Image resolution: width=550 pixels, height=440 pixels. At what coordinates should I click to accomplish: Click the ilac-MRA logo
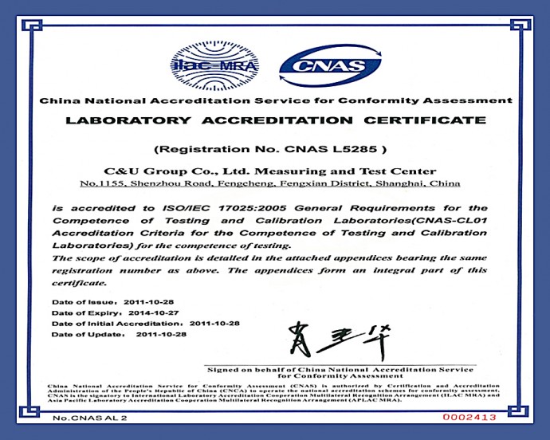(x=206, y=65)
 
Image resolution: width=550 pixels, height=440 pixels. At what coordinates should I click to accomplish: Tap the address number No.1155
(x=99, y=184)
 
